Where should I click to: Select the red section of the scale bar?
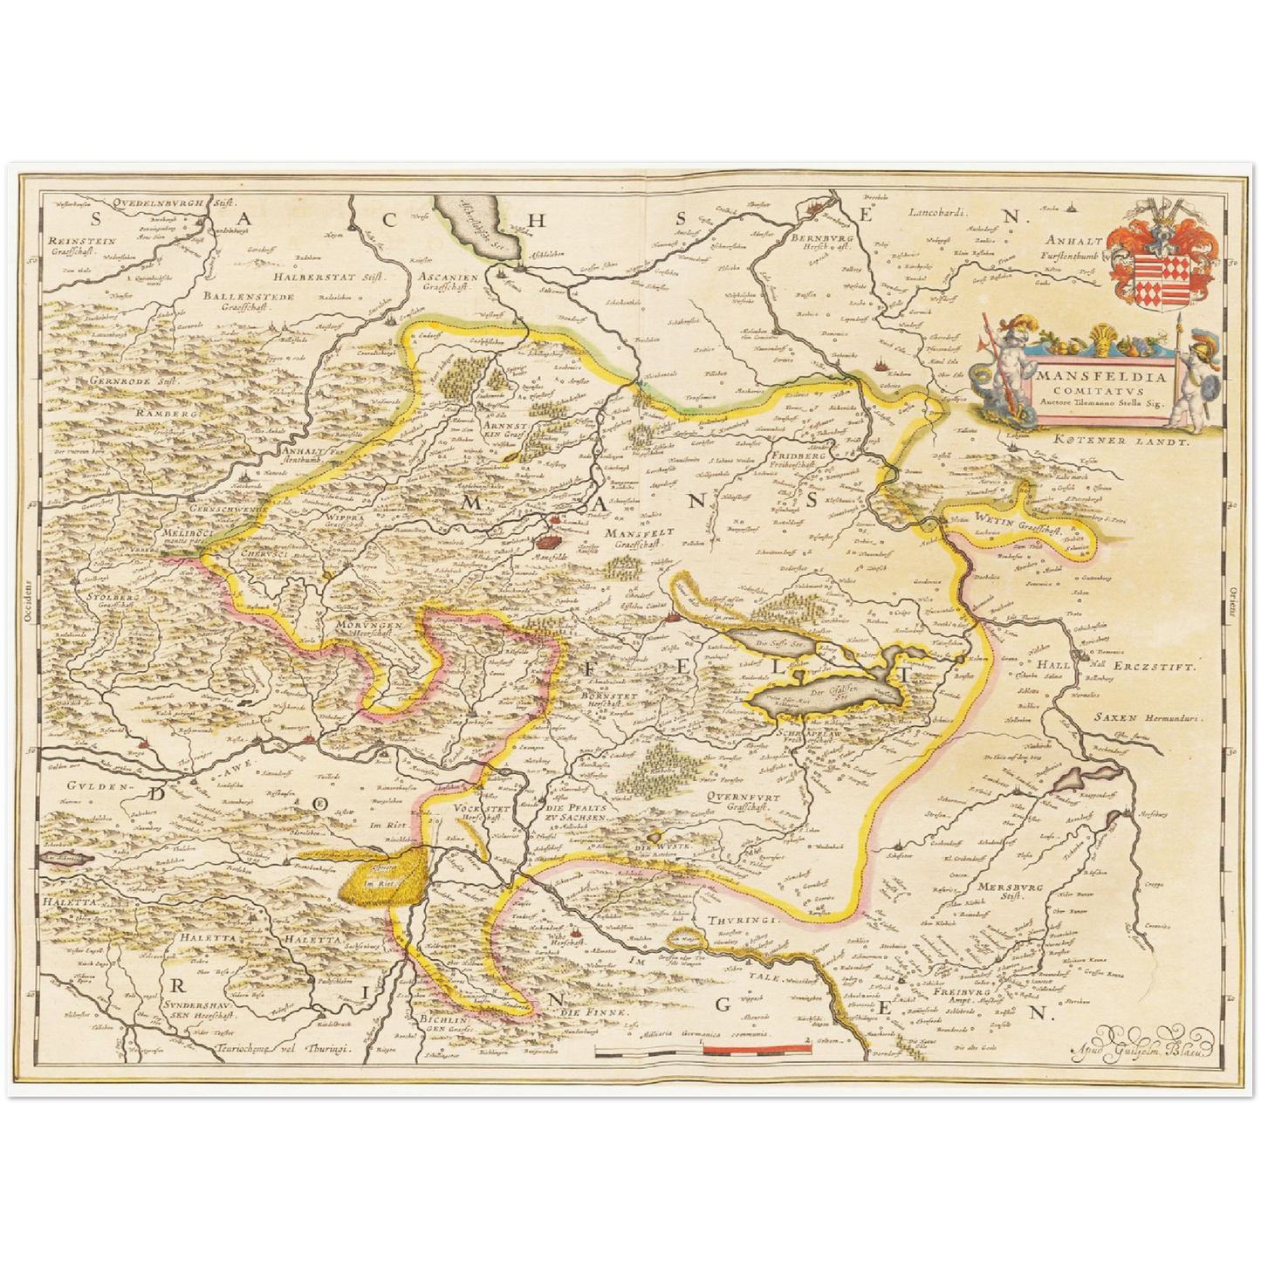click(757, 1049)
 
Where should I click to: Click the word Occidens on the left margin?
click(27, 602)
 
